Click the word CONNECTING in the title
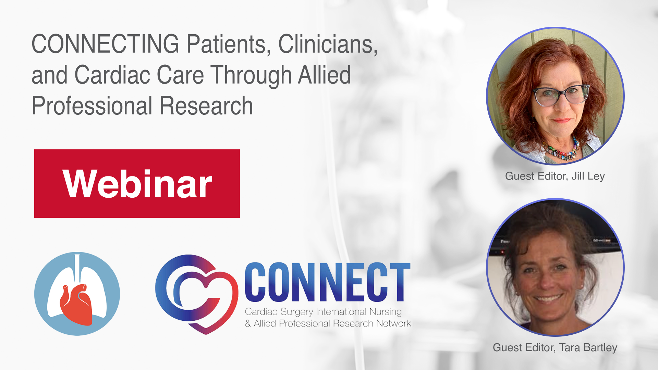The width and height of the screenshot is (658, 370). (x=106, y=44)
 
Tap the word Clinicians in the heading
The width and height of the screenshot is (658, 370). (x=328, y=44)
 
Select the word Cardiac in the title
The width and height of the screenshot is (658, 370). (x=112, y=75)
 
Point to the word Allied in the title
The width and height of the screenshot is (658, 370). (x=324, y=75)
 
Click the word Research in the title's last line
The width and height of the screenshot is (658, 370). (x=206, y=106)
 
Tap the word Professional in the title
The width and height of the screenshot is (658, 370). (x=92, y=106)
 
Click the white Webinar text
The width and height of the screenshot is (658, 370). (x=137, y=184)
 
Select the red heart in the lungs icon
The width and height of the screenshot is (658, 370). (x=76, y=304)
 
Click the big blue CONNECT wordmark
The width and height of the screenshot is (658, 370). (x=328, y=282)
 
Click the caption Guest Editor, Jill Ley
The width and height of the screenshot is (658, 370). (x=555, y=176)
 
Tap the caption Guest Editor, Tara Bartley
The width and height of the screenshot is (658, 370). (x=555, y=347)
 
